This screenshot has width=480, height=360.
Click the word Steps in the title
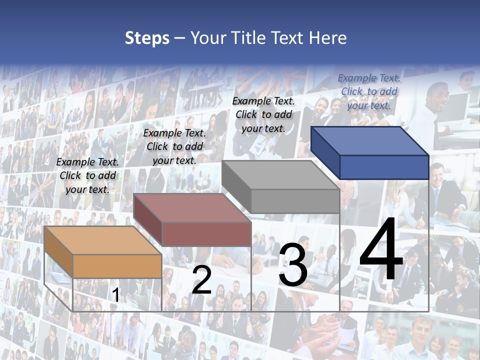(147, 38)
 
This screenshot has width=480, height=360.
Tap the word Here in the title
(327, 38)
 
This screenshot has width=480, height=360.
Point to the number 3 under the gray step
(293, 265)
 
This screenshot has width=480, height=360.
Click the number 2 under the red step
(201, 280)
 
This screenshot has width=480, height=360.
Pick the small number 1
(115, 295)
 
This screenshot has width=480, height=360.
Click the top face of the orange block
(102, 240)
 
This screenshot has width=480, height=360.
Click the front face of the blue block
(384, 167)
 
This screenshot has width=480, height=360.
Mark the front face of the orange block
(117, 266)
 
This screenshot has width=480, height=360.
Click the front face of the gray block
(295, 201)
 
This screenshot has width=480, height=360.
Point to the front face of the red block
(206, 233)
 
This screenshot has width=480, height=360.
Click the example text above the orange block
(87, 175)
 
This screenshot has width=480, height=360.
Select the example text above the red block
(174, 146)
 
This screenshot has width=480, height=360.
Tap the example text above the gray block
(263, 114)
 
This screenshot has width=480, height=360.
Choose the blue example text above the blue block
(369, 91)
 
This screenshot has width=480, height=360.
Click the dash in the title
(179, 38)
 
